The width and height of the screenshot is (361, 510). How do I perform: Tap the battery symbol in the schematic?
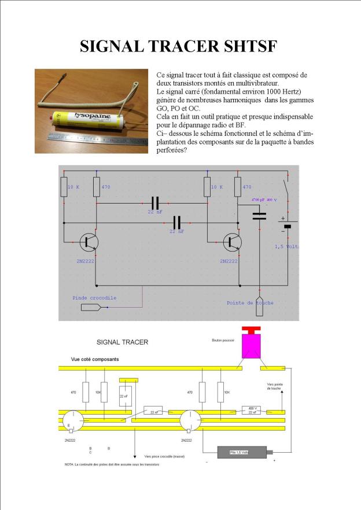point(288,226)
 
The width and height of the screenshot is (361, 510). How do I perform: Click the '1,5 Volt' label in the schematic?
point(286,246)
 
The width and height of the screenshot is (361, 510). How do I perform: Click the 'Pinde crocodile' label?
point(94,298)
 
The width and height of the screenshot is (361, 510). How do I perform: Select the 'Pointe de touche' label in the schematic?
point(250,302)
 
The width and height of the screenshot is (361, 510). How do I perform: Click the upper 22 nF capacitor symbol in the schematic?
point(154,204)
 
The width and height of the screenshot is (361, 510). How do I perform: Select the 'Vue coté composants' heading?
point(95,359)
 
